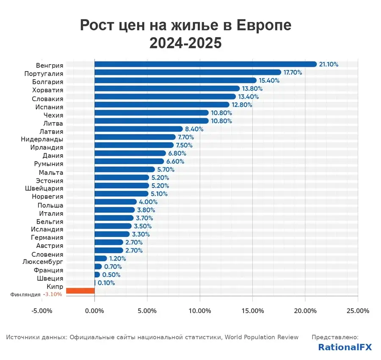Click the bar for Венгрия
(x=205, y=64)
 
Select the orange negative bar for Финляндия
(x=80, y=291)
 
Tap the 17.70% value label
(x=293, y=72)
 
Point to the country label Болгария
(x=47, y=82)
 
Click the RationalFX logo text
(x=345, y=347)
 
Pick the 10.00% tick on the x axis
(x=200, y=311)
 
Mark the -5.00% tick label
(x=42, y=311)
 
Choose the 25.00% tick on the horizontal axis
(x=358, y=311)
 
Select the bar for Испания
(x=162, y=104)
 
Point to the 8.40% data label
(x=194, y=129)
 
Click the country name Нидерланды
(x=42, y=139)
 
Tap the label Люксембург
(x=43, y=262)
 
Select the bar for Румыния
(x=129, y=161)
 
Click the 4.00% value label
(x=148, y=202)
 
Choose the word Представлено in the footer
(x=335, y=337)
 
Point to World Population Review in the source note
(x=262, y=337)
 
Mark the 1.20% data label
(x=118, y=258)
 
